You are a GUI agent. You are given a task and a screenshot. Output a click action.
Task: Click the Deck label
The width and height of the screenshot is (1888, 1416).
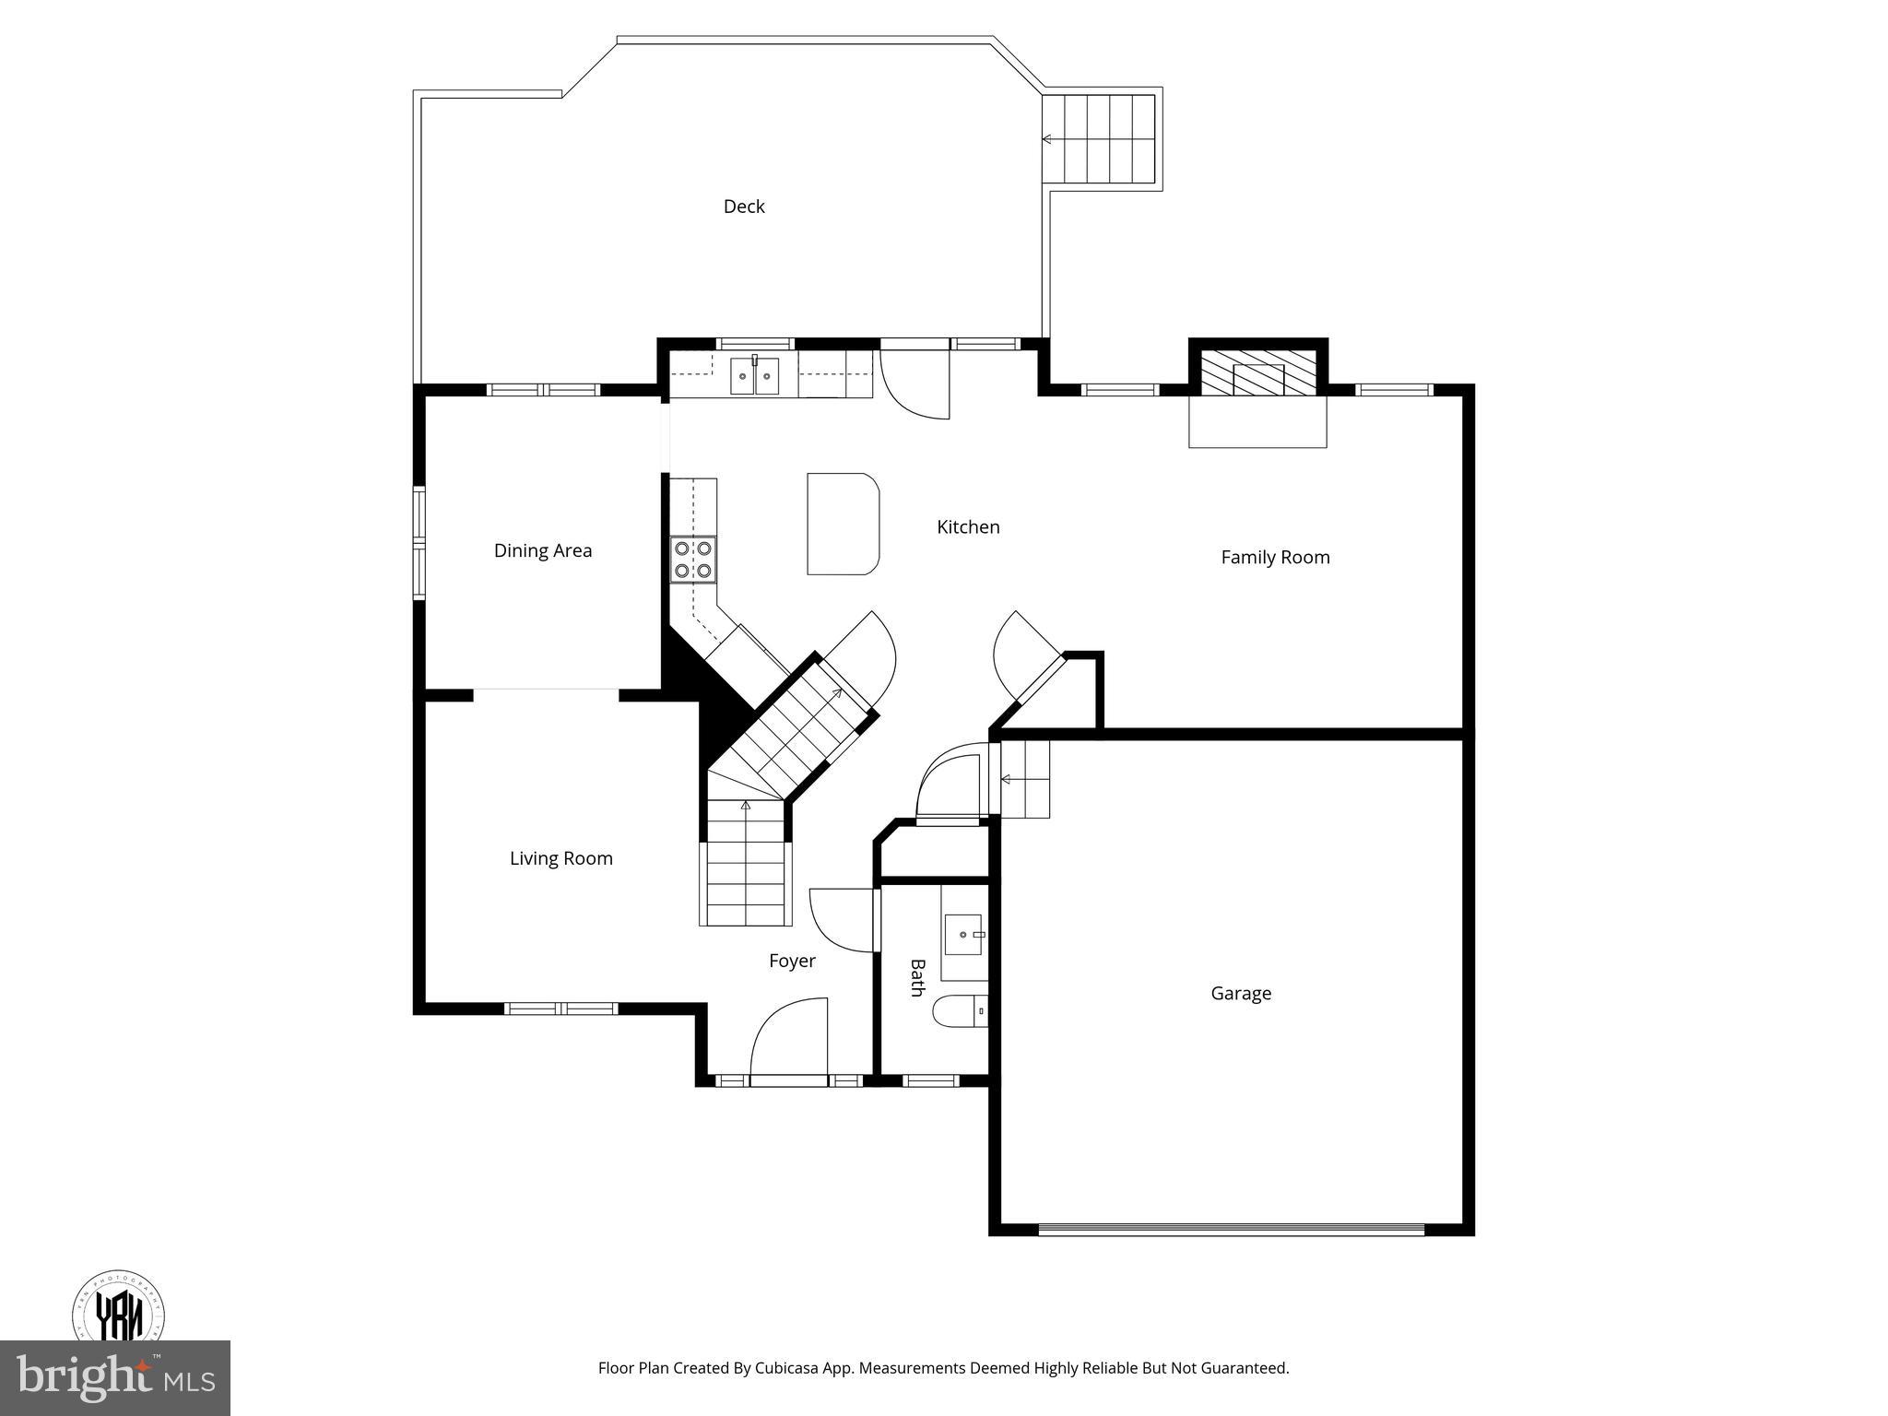(x=743, y=206)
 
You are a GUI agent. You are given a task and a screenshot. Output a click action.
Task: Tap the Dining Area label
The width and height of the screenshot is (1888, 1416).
(x=542, y=550)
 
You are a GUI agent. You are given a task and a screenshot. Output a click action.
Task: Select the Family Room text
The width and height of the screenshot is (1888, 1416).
(x=1274, y=557)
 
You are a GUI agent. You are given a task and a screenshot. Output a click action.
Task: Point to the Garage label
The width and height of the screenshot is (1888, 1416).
(x=1240, y=993)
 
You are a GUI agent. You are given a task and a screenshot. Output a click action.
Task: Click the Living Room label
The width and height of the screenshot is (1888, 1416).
(x=560, y=858)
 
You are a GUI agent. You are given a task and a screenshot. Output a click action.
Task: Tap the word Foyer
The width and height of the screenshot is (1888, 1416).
(x=792, y=961)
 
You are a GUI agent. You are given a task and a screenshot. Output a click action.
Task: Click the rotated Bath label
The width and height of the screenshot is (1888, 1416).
(x=916, y=977)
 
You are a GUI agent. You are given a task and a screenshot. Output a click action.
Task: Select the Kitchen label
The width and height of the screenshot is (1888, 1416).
(x=967, y=526)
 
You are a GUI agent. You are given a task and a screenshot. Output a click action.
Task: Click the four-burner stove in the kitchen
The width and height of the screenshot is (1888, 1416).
(x=692, y=560)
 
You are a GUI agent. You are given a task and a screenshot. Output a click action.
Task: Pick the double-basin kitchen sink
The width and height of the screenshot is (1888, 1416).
(x=754, y=376)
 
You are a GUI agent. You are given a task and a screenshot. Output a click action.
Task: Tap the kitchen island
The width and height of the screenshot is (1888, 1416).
(x=842, y=524)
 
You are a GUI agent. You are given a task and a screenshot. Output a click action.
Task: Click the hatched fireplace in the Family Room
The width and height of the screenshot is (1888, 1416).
(x=1257, y=372)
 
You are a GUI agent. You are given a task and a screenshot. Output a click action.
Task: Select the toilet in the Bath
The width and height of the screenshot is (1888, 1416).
(x=960, y=1012)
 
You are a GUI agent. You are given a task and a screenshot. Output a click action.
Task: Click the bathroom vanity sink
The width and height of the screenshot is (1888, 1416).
(x=964, y=935)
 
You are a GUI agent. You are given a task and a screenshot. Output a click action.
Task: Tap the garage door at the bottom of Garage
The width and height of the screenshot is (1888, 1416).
(x=1231, y=1229)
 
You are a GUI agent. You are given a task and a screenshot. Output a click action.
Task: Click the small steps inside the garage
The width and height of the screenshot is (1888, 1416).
(x=1025, y=780)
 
